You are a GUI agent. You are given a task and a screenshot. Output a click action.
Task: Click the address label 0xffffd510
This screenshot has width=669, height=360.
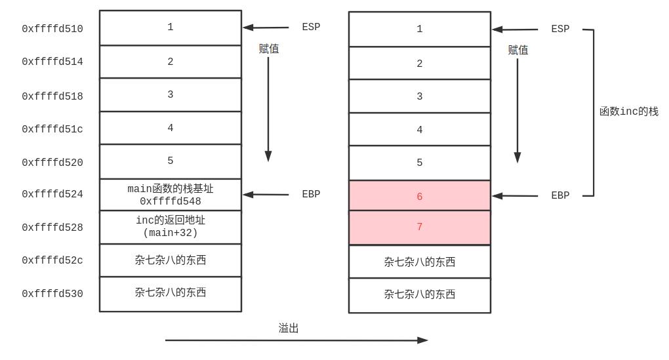click(52, 29)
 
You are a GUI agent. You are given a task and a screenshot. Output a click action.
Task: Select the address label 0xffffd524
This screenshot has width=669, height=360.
click(52, 194)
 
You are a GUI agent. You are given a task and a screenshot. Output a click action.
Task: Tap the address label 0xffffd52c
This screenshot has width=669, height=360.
click(52, 260)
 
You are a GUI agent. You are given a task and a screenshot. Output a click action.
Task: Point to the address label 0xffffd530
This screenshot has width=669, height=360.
click(52, 294)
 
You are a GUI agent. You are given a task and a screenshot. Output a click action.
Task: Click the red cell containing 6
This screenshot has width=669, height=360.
click(419, 196)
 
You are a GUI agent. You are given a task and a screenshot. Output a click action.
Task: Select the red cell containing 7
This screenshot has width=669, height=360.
click(419, 228)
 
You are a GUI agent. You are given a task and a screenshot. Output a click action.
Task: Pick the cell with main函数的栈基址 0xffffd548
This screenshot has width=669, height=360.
click(171, 195)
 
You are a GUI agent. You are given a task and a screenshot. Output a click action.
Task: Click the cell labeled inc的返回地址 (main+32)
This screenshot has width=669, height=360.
click(171, 227)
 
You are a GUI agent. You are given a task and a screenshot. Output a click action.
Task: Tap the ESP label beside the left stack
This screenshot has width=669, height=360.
click(311, 28)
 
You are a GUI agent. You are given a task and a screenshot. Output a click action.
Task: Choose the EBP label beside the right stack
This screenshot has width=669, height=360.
click(560, 195)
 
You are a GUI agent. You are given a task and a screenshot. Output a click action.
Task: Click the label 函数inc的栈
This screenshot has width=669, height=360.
click(628, 111)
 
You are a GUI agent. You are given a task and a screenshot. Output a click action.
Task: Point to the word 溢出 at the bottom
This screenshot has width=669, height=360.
click(289, 329)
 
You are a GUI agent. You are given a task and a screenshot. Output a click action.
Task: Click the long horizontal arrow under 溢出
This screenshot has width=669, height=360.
click(295, 340)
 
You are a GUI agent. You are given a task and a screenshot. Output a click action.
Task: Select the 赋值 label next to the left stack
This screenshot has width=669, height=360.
click(269, 49)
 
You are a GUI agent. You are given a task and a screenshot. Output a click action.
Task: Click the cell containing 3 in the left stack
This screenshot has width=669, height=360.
click(171, 95)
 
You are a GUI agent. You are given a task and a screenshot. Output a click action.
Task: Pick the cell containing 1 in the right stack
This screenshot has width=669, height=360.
click(419, 30)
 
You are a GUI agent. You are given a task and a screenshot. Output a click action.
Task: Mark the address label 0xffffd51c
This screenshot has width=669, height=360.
click(52, 129)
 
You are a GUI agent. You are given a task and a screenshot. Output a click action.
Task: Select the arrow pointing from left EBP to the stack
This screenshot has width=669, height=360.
click(266, 194)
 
